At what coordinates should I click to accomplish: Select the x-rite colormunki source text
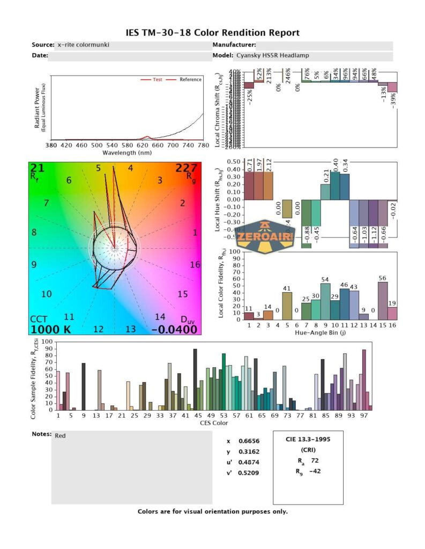tap(83, 45)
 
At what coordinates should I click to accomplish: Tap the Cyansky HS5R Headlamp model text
tap(272, 55)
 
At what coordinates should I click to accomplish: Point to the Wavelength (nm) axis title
tap(127, 152)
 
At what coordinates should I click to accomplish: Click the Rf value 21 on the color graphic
tap(38, 169)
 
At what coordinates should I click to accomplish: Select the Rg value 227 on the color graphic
tap(187, 169)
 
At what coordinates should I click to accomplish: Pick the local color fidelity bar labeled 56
tap(382, 301)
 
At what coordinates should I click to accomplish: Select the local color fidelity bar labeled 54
tap(325, 301)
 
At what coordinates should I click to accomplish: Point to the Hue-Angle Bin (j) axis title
tap(320, 333)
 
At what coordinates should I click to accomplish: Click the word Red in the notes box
tap(61, 436)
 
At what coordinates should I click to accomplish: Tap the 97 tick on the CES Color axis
tap(364, 414)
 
